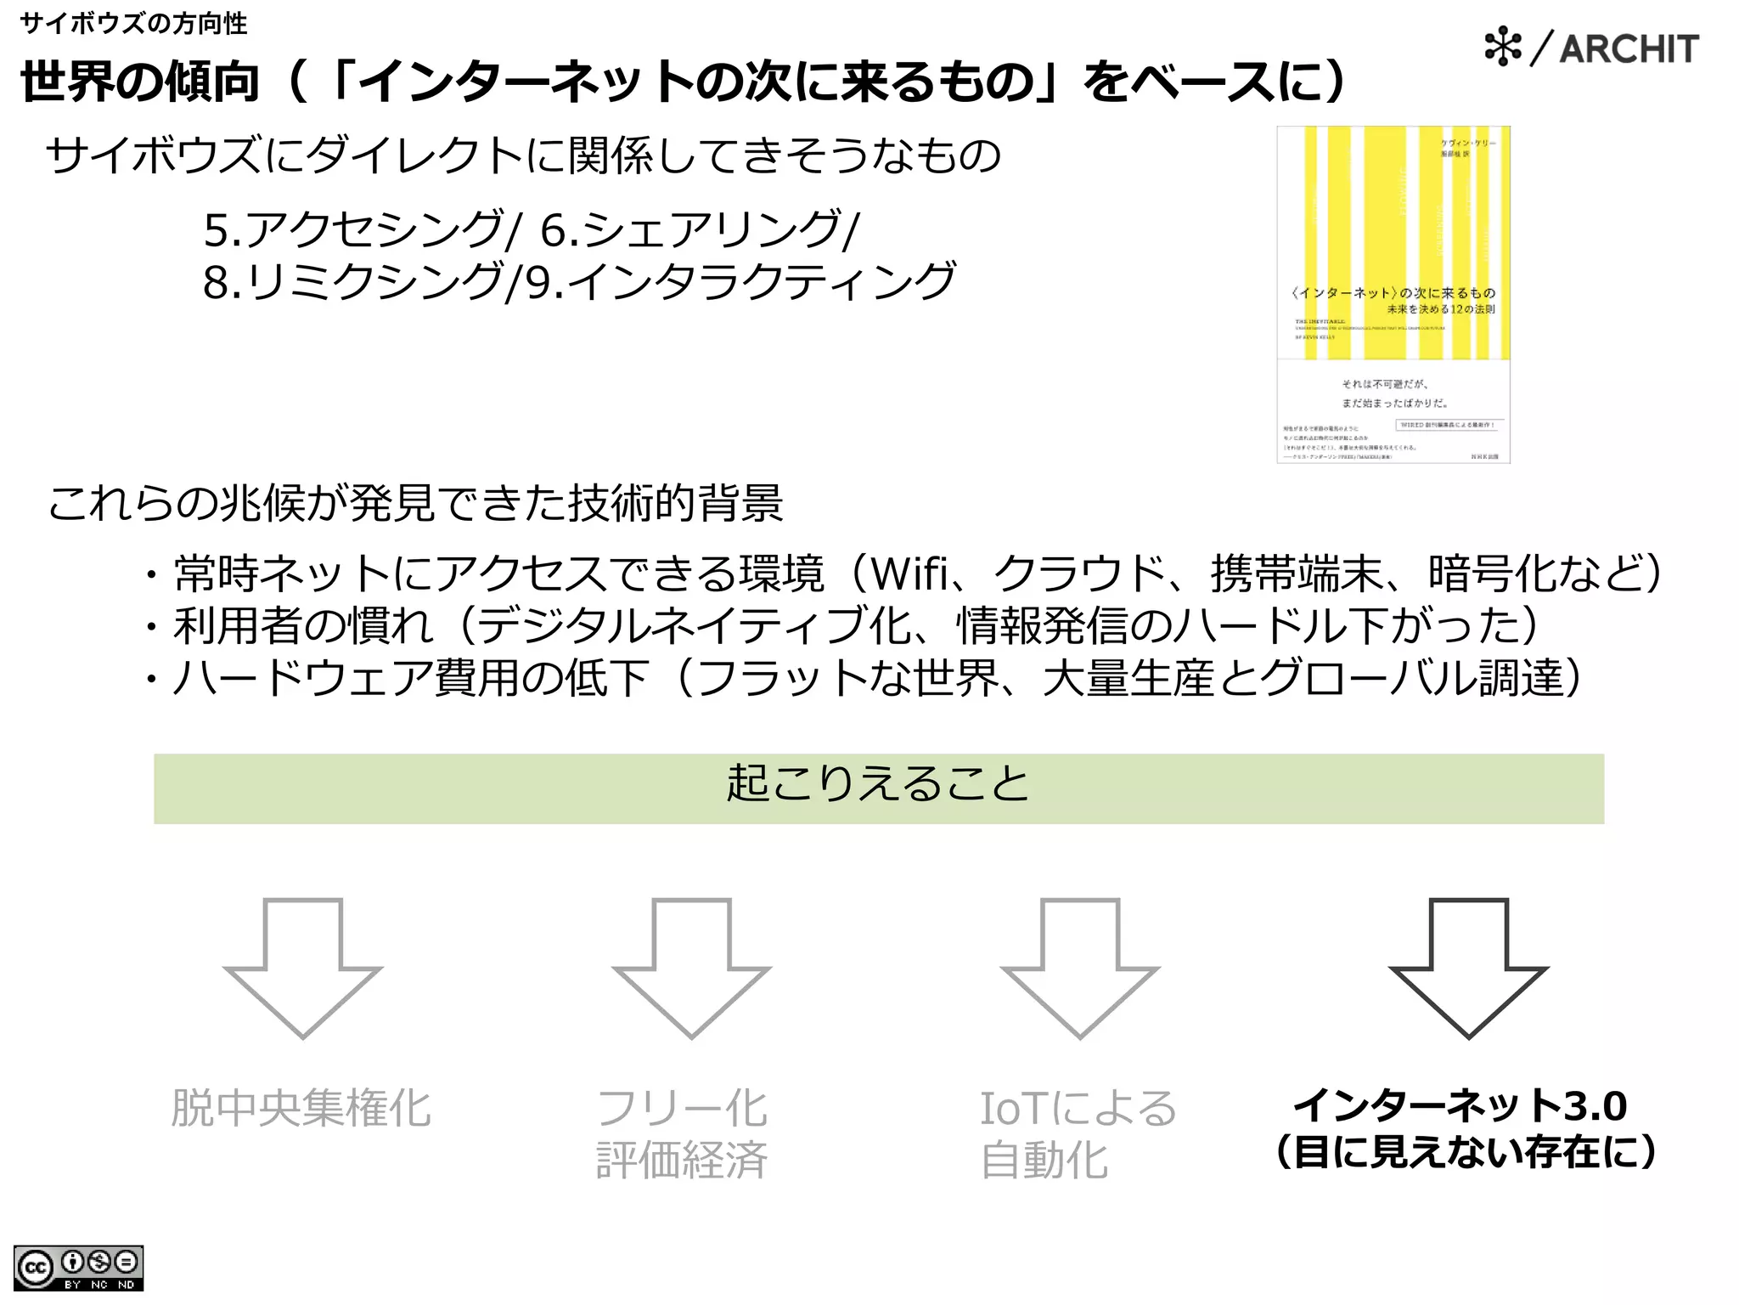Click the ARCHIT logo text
(x=1629, y=48)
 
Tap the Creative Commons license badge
(x=78, y=1268)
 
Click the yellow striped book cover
(x=1393, y=294)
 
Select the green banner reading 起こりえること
(x=878, y=788)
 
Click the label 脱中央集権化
(x=301, y=1108)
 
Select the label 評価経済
(x=682, y=1160)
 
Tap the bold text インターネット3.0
(x=1460, y=1105)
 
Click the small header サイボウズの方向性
(x=133, y=23)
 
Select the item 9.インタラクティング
(x=740, y=281)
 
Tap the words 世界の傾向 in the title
(x=140, y=82)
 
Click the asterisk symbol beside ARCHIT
(x=1503, y=47)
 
